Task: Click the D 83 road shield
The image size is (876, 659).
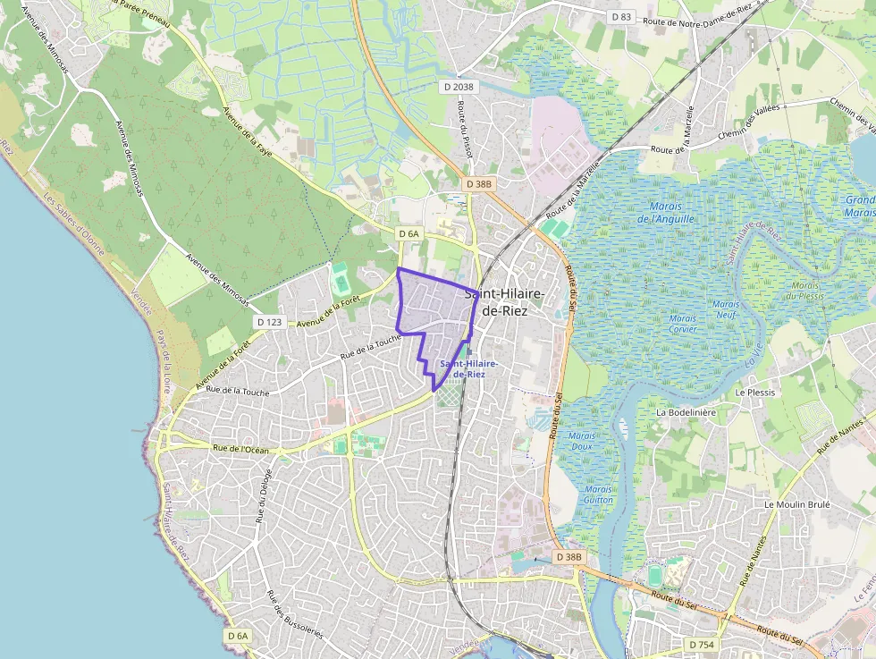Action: tap(621, 17)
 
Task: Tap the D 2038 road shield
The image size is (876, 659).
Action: tap(459, 87)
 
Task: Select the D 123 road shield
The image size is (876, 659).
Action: tap(269, 322)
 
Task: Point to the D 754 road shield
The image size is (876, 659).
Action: tap(702, 644)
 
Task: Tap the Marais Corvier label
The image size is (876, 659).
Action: tap(682, 324)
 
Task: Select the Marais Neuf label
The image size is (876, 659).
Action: tap(726, 309)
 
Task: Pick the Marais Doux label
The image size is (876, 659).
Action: tap(582, 441)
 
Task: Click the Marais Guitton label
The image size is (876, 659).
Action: tap(598, 494)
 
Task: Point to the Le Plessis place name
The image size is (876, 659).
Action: tap(755, 393)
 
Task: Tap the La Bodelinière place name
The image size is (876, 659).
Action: tap(686, 413)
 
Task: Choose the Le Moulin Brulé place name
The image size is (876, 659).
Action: tap(797, 504)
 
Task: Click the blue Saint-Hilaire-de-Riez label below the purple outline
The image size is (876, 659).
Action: tap(462, 368)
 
